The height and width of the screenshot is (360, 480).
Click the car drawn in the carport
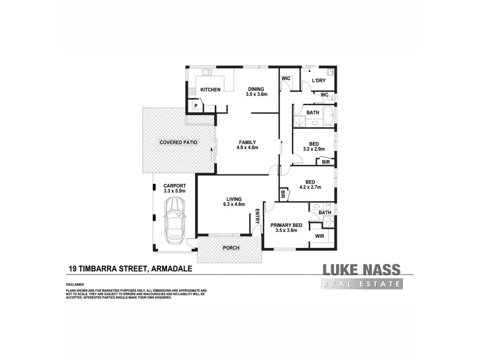click(174, 220)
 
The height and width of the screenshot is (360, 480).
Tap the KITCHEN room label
click(210, 90)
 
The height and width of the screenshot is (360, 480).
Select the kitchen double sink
click(207, 72)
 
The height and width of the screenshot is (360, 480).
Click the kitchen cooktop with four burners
click(192, 91)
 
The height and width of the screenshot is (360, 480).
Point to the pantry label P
click(196, 106)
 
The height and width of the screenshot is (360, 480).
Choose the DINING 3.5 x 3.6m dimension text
click(257, 94)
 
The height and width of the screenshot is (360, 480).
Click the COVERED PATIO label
click(178, 142)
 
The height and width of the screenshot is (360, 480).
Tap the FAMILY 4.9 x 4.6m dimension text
click(247, 147)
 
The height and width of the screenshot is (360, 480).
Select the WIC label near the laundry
click(286, 78)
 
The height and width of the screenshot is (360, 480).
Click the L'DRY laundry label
click(319, 81)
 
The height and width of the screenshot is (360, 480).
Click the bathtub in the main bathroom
click(328, 115)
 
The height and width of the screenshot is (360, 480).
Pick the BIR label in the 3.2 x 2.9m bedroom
click(326, 162)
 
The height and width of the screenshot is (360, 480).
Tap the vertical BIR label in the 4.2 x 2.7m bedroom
click(282, 194)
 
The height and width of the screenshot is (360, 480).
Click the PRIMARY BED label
click(286, 225)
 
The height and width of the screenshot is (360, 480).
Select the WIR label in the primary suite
click(320, 236)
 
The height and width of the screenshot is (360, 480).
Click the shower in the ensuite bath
click(328, 222)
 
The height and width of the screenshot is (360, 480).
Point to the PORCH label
click(231, 248)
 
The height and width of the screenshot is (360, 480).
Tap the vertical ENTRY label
click(257, 217)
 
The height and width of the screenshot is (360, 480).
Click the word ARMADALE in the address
click(172, 269)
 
